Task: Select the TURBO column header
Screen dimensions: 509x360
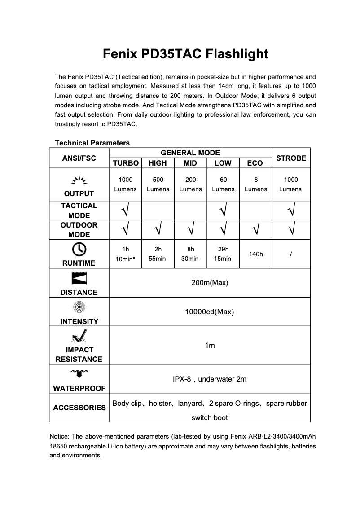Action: click(125, 163)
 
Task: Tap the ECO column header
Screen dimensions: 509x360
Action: click(255, 163)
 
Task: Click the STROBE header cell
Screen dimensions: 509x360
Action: click(291, 158)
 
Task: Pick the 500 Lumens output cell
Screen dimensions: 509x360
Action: click(158, 184)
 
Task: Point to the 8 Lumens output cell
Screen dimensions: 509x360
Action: click(256, 184)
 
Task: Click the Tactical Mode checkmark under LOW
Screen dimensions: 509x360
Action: click(223, 210)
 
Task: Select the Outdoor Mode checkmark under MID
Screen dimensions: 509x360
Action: click(190, 230)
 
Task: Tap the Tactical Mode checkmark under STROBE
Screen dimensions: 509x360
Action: click(291, 210)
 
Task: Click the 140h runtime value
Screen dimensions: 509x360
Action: click(256, 254)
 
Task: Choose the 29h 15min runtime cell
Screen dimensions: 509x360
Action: click(223, 254)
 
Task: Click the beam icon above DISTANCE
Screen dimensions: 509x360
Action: click(79, 278)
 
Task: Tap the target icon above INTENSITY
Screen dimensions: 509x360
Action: click(79, 307)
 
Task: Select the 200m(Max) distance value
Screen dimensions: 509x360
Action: click(210, 283)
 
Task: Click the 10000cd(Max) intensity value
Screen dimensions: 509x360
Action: click(210, 312)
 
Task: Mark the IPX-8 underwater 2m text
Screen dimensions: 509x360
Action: click(210, 379)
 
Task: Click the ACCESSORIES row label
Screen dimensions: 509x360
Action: click(79, 408)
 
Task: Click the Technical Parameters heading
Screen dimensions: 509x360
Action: click(92, 143)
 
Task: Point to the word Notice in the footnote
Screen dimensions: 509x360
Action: click(59, 436)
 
